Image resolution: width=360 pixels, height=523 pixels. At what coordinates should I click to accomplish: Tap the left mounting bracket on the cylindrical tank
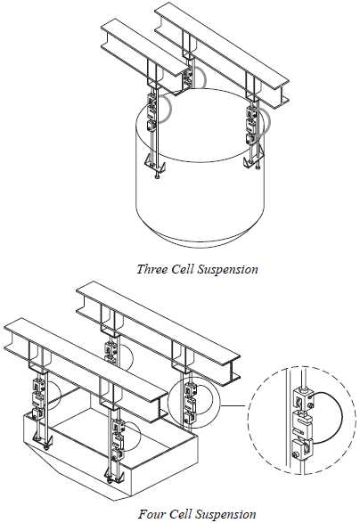click(x=152, y=164)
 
